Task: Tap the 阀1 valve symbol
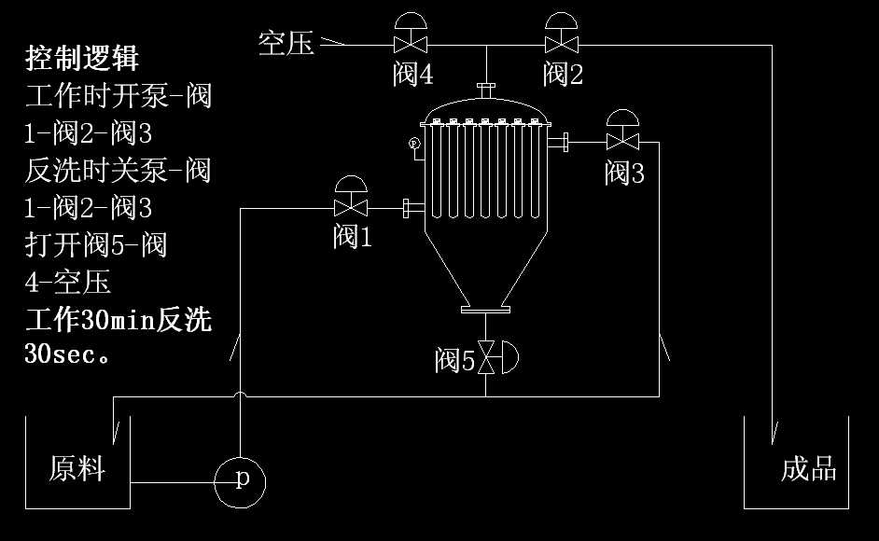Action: coord(351,206)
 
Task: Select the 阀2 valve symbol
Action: coord(563,44)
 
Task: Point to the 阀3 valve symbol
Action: coord(621,142)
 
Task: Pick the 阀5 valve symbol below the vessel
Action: coord(487,359)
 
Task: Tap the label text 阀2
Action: coord(563,75)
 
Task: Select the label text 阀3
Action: coord(624,173)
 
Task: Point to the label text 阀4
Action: coord(412,75)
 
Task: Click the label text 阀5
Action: coord(454,360)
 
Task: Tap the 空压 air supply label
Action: coord(286,42)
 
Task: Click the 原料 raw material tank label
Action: coord(77,468)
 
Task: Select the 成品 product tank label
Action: coord(808,468)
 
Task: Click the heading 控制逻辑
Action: coord(82,59)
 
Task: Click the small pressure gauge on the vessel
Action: coord(414,143)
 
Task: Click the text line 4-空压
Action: coord(67,282)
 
